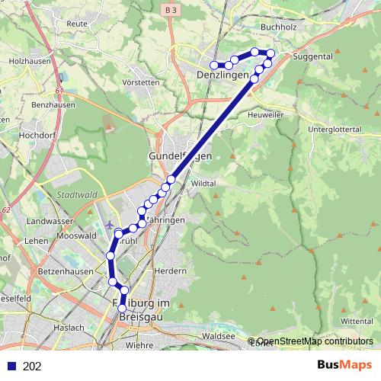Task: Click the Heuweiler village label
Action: pos(266,114)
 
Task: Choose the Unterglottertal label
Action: pos(333,130)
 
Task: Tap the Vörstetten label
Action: pos(140,82)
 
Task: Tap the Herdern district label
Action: pos(170,271)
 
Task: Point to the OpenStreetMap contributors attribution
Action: pos(314,341)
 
